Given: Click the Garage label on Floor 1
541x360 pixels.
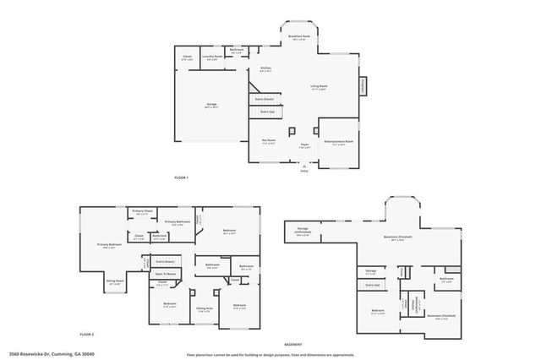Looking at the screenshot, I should tap(211, 106).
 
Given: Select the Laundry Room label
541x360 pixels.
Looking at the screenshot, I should tap(212, 57).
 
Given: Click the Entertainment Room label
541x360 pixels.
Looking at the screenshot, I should tap(338, 142).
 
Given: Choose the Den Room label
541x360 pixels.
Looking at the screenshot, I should tap(269, 142).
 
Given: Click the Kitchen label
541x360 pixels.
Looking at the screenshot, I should tap(265, 68).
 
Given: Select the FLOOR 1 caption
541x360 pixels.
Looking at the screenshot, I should tap(181, 177).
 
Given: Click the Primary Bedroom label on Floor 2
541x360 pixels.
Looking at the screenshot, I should tap(109, 244).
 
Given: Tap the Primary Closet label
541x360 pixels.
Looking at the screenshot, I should tap(142, 211).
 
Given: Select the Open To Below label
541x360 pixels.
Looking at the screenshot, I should tap(166, 274).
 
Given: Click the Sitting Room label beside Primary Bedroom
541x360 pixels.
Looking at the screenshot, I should tap(114, 281).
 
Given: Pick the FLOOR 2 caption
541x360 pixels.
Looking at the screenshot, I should tap(87, 335).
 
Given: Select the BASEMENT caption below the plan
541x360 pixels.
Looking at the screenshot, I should tap(293, 345).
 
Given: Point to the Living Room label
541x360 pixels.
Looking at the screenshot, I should tap(319, 87).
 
